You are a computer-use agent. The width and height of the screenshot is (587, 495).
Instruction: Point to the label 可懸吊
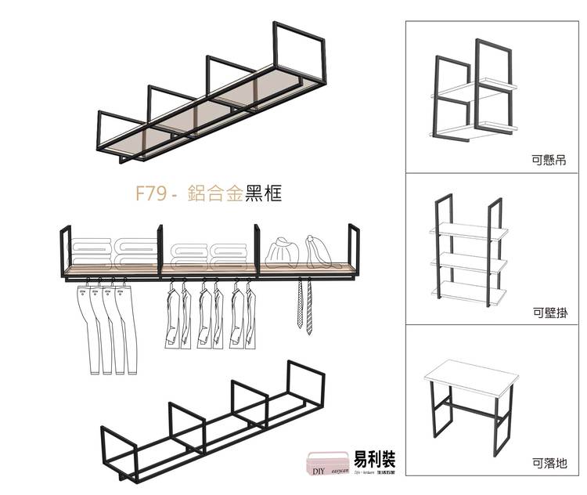pyautogui.click(x=548, y=162)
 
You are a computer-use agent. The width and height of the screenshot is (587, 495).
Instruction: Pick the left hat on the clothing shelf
pyautogui.click(x=281, y=252)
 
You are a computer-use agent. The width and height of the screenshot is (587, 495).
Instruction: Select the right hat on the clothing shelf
pyautogui.click(x=318, y=251)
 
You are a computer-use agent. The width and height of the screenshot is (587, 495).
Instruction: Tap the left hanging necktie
pyautogui.click(x=299, y=307)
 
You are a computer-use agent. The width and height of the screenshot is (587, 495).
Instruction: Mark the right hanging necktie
pyautogui.click(x=309, y=307)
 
